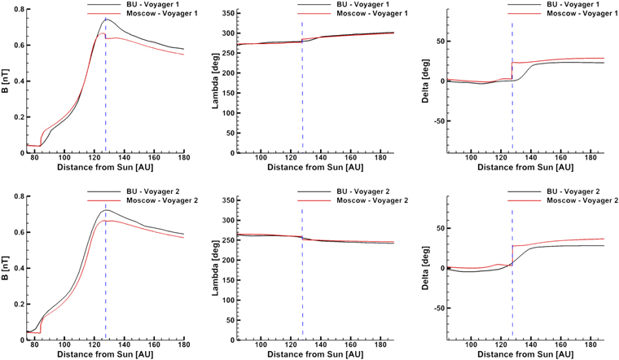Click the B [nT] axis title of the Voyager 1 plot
(5, 80)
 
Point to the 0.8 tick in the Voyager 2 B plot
(19, 196)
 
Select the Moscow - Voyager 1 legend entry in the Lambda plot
(372, 13)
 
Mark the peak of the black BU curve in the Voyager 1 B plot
(107, 19)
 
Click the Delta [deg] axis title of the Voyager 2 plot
(425, 268)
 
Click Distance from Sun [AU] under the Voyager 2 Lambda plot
(315, 354)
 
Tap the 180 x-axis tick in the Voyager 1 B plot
(184, 157)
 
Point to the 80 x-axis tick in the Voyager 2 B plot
(34, 345)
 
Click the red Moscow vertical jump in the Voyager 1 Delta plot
(512, 71)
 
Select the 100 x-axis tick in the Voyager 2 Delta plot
(471, 345)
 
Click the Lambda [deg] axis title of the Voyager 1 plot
(216, 81)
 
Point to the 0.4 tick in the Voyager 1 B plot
(19, 81)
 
